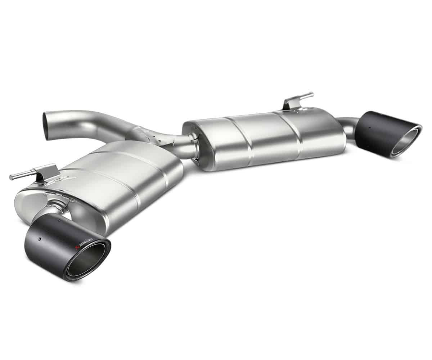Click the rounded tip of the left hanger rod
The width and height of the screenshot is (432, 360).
tap(12, 177)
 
